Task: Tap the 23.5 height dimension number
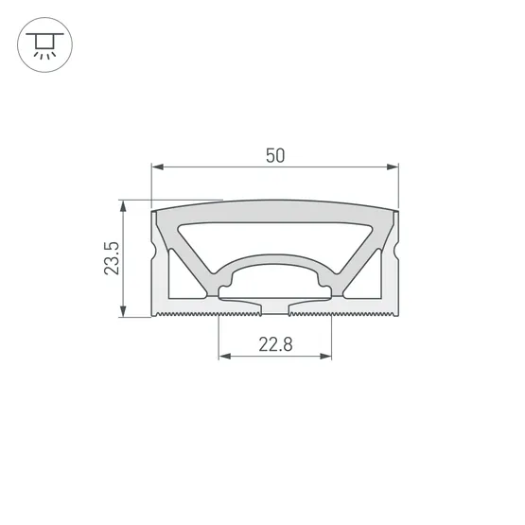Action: point(112,258)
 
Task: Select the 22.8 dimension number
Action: point(275,345)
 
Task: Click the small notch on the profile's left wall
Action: point(153,254)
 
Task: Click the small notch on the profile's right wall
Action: point(396,254)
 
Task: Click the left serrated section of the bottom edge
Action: point(189,311)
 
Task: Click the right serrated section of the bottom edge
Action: point(359,311)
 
